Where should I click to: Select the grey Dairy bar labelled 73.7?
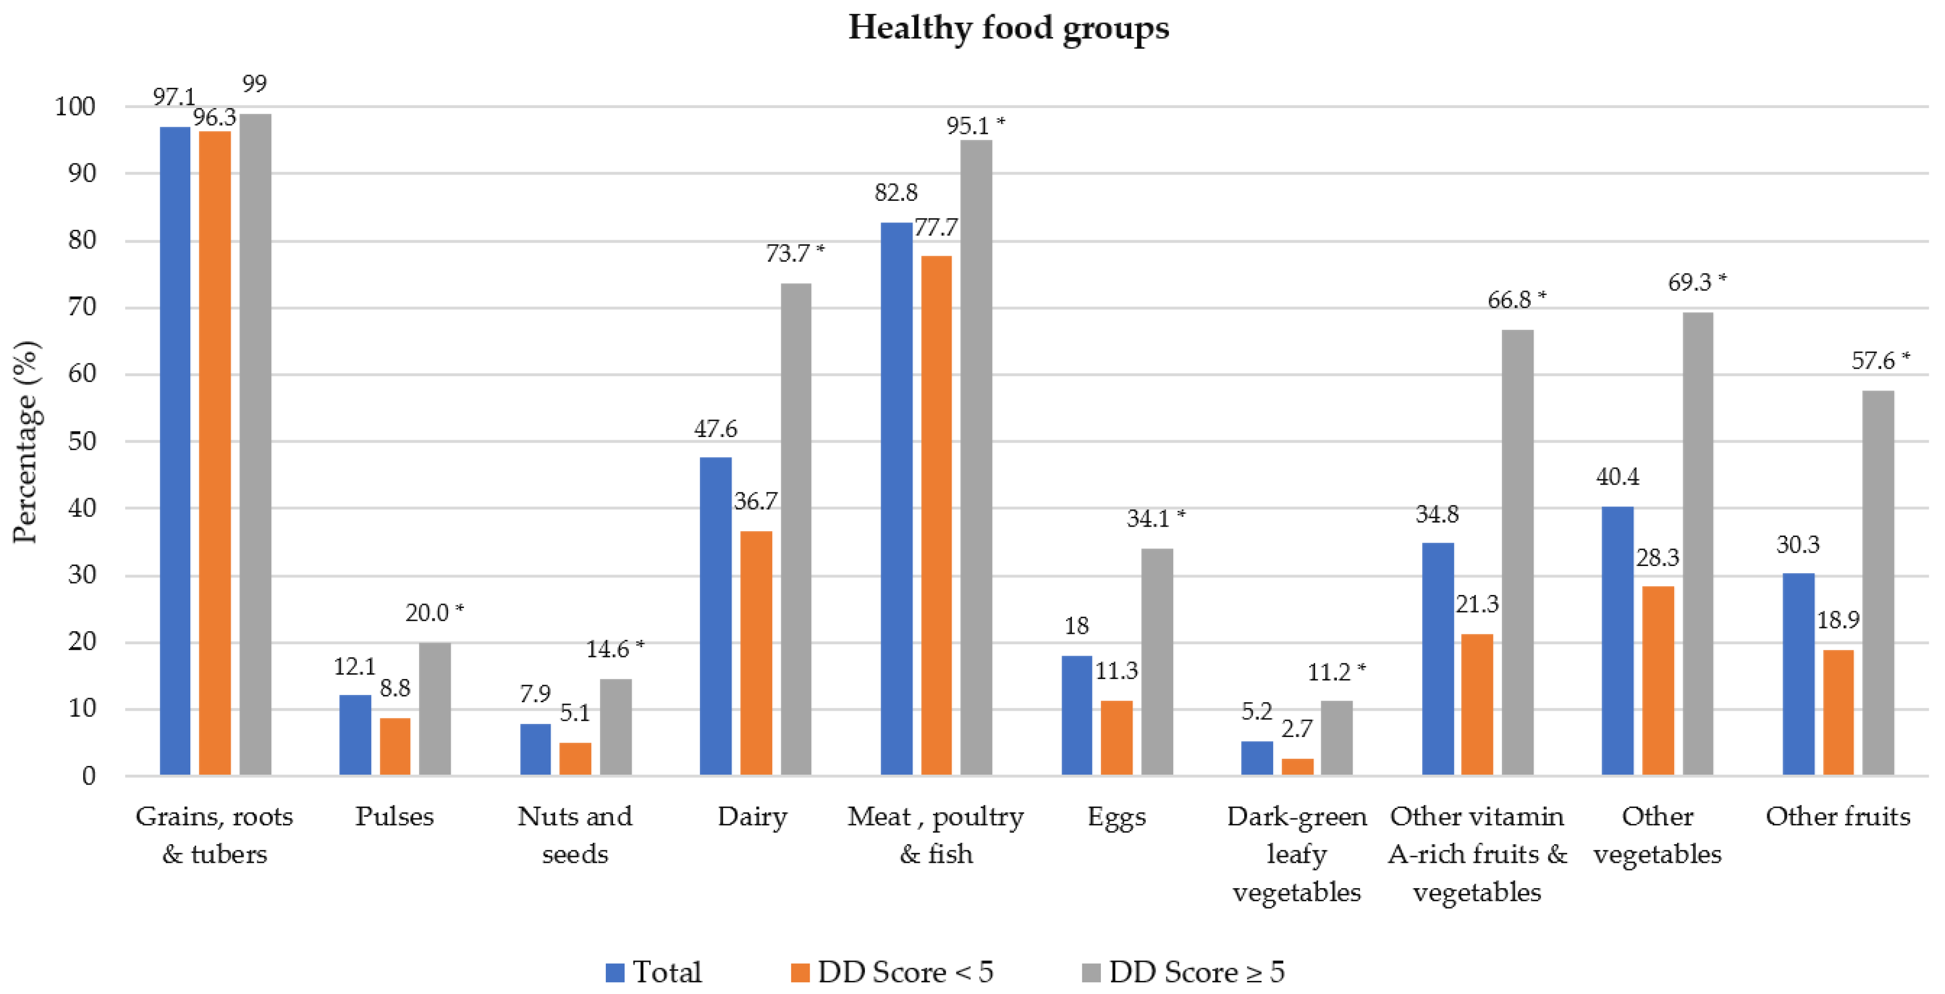[x=796, y=529]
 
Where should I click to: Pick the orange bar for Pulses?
[x=395, y=746]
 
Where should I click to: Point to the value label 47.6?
[x=715, y=429]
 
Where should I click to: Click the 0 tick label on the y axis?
[x=88, y=776]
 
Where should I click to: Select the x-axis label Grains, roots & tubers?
[x=214, y=835]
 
